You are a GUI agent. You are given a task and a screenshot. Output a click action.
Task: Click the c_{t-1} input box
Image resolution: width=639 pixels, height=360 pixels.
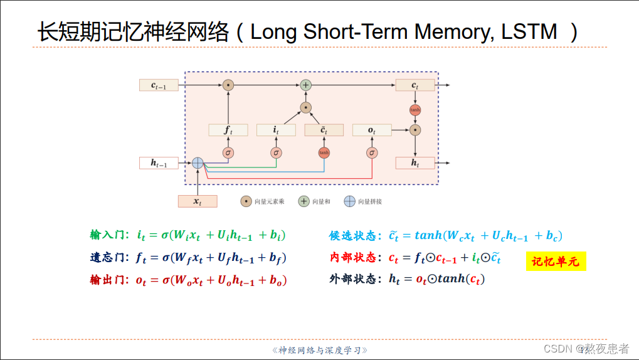point(159,85)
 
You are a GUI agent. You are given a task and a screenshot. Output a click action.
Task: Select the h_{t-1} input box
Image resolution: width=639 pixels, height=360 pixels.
point(159,163)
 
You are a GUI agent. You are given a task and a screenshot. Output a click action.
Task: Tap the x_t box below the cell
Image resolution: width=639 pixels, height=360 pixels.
point(198,201)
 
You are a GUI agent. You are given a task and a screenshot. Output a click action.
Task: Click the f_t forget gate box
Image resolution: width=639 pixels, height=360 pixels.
point(228,130)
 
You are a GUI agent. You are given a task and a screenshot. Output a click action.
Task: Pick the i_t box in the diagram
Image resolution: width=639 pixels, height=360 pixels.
point(276,130)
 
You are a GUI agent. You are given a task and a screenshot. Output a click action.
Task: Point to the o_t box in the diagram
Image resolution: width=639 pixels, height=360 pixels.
point(372,130)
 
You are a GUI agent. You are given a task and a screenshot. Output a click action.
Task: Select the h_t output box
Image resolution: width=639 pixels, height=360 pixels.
point(415,163)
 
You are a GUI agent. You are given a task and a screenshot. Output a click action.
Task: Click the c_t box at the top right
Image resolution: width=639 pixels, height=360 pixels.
point(415,85)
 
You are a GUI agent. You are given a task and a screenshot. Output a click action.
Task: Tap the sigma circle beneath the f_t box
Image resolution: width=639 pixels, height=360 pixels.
point(228,152)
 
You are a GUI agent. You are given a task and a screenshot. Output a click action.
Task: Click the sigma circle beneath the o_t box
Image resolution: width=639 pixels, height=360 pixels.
point(372,152)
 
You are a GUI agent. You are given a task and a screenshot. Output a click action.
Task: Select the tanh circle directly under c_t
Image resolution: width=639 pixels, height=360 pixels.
point(415,110)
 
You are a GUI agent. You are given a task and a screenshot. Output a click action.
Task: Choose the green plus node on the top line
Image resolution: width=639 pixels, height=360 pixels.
point(305,85)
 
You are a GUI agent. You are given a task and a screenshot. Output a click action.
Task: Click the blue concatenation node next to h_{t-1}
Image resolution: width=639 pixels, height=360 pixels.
point(198,162)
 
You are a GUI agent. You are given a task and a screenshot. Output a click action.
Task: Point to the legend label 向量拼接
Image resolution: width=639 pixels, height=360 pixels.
point(369,201)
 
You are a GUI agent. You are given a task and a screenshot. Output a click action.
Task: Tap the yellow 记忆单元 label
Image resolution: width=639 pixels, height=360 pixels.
point(556,262)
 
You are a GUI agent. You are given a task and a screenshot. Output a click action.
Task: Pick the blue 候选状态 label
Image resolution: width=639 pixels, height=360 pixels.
point(352,236)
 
